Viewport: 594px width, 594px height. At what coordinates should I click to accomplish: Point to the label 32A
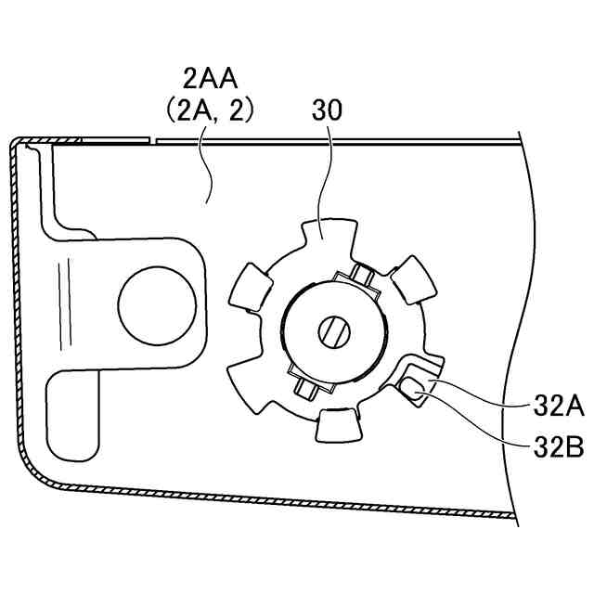tap(558, 406)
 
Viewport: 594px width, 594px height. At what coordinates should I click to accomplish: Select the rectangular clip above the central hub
tap(356, 279)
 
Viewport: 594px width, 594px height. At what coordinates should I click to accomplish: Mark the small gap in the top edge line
tap(152, 142)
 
